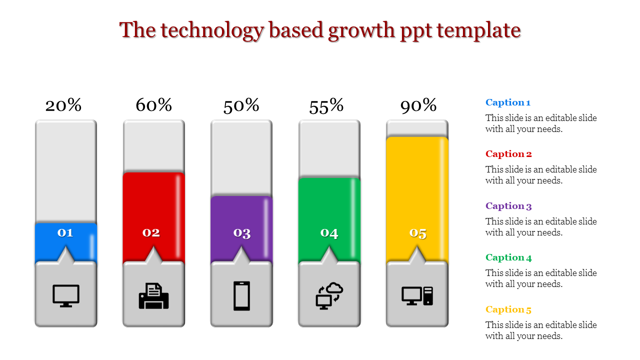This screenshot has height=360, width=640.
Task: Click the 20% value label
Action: (63, 105)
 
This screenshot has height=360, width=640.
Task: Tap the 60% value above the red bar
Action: (154, 105)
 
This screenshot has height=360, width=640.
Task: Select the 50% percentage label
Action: (241, 105)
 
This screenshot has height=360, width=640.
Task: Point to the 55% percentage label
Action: (326, 106)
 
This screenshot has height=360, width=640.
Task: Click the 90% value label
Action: (418, 105)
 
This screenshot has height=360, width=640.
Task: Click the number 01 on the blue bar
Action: (65, 232)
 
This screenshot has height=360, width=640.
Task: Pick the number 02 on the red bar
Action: (151, 232)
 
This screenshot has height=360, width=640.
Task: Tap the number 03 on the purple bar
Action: (242, 233)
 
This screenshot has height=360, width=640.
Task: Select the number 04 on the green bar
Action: (329, 233)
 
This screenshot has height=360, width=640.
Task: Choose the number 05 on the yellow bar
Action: (418, 233)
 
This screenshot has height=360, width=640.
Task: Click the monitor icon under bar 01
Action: (66, 295)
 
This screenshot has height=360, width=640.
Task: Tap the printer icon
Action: (153, 296)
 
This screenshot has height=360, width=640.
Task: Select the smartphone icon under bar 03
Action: (241, 296)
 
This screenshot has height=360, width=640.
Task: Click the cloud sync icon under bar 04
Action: (329, 296)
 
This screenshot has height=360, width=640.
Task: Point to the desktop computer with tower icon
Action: (417, 296)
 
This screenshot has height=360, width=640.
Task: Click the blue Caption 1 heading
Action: (508, 102)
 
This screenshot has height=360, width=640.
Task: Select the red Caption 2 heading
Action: (508, 154)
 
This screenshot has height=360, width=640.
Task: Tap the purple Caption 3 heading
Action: (508, 206)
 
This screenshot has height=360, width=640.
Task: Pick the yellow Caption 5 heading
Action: (508, 309)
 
